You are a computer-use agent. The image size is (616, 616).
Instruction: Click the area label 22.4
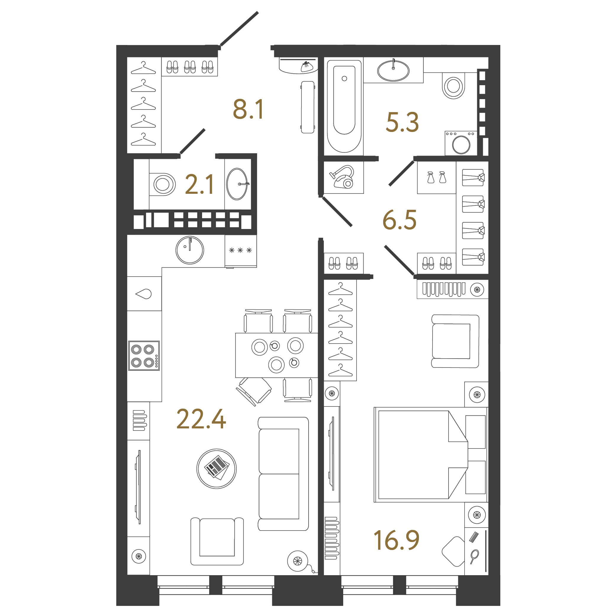201,419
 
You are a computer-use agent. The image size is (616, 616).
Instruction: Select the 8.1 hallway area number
248,109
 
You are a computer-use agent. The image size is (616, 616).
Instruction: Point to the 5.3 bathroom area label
402,122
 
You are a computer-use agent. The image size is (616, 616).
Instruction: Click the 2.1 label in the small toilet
199,184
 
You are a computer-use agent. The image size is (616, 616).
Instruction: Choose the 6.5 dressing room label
399,220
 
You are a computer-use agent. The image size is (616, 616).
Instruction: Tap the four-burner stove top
144,356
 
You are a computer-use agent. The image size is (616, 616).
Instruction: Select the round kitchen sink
190,250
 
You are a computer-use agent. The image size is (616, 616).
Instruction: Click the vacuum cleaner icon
343,177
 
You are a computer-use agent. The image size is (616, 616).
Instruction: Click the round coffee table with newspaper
217,469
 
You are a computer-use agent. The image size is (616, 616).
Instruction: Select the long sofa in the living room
283,473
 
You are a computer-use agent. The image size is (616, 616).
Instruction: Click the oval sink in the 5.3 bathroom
393,70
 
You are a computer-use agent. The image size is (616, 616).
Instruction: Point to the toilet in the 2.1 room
163,184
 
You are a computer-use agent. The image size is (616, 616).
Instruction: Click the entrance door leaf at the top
239,29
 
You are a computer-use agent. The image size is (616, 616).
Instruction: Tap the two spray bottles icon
436,177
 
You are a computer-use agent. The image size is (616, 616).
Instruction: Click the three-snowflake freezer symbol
241,250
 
